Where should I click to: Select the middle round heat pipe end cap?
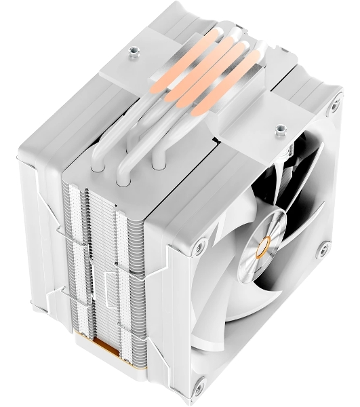(x=123, y=181)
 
